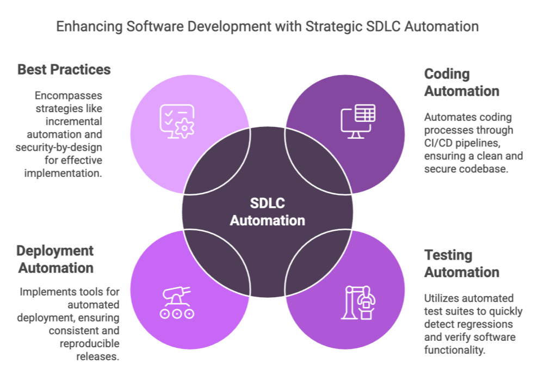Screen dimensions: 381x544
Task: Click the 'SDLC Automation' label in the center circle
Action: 267,212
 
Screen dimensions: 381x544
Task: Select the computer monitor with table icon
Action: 357,120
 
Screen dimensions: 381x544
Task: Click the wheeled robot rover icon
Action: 176,303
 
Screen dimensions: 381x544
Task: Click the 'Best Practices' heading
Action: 64,70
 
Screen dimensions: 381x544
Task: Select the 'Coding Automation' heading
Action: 461,82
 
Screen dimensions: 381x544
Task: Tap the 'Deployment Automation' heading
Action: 55,259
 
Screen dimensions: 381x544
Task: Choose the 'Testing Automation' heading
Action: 461,263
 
